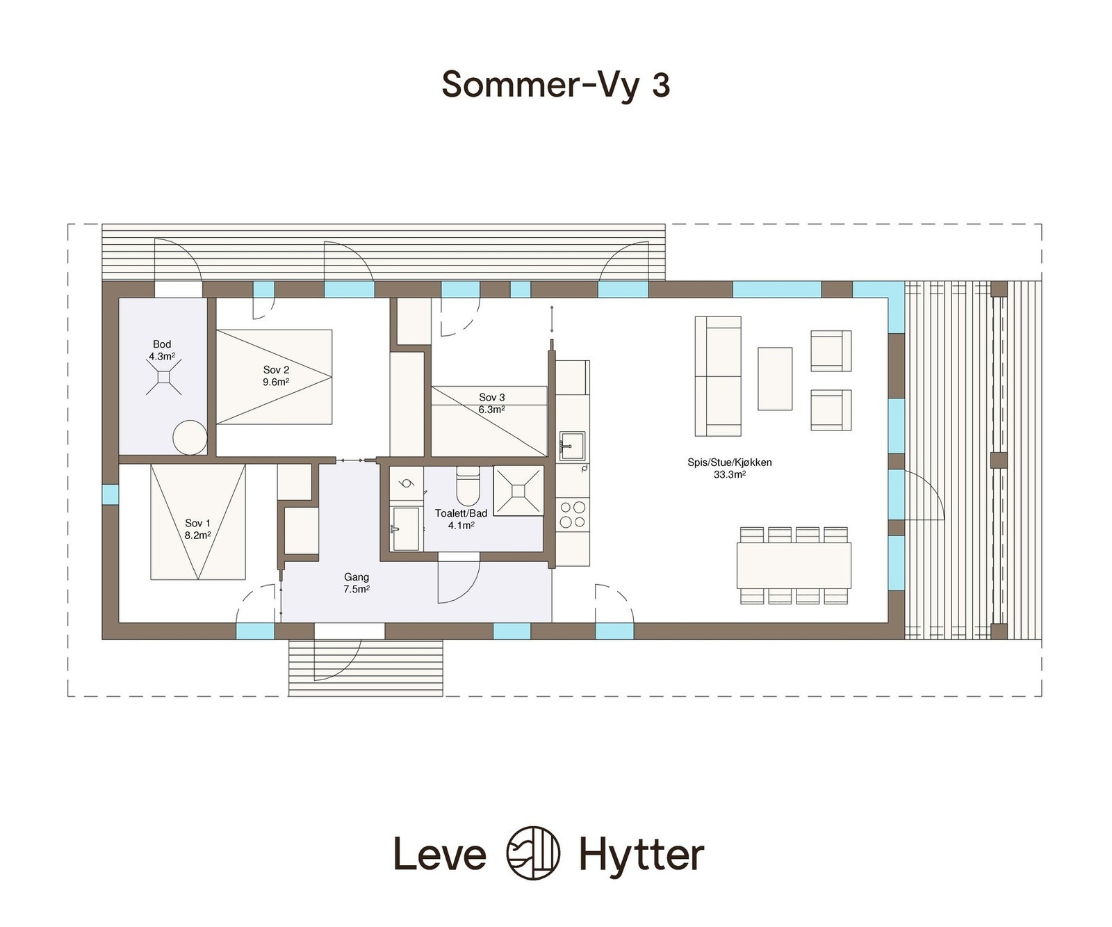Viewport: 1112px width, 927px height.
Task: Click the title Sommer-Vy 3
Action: [x=555, y=85]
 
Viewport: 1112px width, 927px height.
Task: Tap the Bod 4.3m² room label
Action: [x=162, y=350]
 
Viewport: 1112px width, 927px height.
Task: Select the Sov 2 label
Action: [x=276, y=376]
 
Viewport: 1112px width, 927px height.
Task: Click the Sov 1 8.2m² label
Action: [x=197, y=529]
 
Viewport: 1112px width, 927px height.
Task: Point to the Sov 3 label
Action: [x=491, y=403]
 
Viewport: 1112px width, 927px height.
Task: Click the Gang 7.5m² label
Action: [x=357, y=583]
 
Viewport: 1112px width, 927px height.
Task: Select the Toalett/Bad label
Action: [x=461, y=519]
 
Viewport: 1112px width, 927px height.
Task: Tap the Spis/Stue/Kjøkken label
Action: [x=729, y=468]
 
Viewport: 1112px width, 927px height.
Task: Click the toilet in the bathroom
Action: [x=468, y=485]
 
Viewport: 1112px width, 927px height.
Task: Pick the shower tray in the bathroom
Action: [x=518, y=491]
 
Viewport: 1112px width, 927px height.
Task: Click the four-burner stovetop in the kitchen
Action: [x=573, y=514]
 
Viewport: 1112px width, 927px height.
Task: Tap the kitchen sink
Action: [x=572, y=446]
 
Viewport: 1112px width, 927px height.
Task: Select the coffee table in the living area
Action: [x=774, y=378]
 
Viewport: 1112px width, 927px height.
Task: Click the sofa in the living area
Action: [x=718, y=376]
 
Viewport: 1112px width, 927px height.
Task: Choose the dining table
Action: [x=794, y=565]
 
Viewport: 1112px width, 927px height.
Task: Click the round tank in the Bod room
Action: [x=190, y=437]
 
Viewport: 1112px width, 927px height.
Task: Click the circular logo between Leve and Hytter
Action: [x=533, y=853]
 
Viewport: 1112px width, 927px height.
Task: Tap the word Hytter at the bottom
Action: [x=641, y=854]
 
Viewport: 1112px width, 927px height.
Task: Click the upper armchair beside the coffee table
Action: [x=831, y=350]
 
